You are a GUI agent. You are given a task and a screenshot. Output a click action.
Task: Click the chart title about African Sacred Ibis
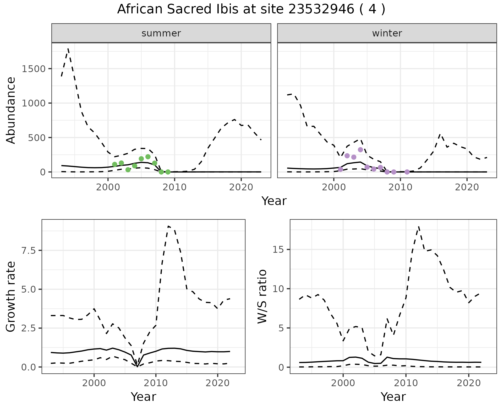[x=251, y=9]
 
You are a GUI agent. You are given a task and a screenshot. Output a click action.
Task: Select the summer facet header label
[x=161, y=33]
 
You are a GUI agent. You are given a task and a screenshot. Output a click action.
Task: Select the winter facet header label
[x=387, y=33]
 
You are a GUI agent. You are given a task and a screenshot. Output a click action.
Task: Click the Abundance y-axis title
[x=11, y=110]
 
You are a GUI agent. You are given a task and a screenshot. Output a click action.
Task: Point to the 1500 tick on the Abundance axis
[x=34, y=69]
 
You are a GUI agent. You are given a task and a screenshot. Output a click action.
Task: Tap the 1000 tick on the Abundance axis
[x=34, y=103]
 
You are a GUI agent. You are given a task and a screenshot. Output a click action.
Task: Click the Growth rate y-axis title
[x=11, y=297]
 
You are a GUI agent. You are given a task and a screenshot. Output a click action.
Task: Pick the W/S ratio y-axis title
[x=262, y=297]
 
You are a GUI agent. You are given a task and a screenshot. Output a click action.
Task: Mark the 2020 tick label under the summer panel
[x=241, y=187]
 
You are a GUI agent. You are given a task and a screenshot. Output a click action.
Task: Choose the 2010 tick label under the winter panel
[x=400, y=187]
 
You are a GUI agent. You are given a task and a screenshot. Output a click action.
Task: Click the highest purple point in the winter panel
[x=360, y=150]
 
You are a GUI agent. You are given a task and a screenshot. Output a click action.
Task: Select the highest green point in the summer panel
[x=148, y=157]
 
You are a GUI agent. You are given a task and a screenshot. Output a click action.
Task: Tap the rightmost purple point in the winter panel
[x=407, y=172]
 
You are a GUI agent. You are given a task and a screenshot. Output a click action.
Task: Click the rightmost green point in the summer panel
[x=168, y=172]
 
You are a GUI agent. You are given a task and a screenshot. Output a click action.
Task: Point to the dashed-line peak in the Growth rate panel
[x=168, y=226]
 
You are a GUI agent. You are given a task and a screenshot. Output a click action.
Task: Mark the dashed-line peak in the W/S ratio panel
[x=419, y=226]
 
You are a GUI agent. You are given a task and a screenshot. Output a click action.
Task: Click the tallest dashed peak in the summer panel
[x=68, y=49]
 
